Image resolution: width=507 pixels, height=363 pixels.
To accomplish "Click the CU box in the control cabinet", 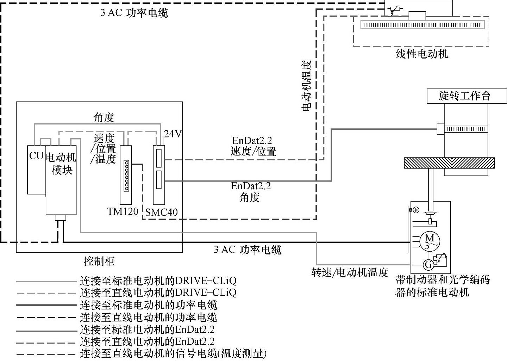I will [x=36, y=169].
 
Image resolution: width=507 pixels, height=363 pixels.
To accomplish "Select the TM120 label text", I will [x=123, y=211].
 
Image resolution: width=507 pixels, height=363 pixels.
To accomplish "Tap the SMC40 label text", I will [x=162, y=212].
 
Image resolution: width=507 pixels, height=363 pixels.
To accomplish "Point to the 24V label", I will [x=173, y=134].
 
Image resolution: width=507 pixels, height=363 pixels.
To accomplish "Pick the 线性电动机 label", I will [x=422, y=54].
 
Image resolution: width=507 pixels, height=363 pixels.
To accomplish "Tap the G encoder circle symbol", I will [x=428, y=264].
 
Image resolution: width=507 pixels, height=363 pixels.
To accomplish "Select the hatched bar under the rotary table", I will [x=449, y=163].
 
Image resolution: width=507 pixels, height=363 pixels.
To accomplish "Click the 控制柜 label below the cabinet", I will [x=99, y=261].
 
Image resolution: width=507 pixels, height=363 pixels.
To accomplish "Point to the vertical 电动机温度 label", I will [x=307, y=86].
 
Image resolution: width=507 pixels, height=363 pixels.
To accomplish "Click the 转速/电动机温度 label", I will [x=350, y=272].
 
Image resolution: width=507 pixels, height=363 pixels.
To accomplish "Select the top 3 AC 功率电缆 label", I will [x=134, y=13].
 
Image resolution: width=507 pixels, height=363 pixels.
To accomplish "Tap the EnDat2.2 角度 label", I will [x=251, y=191].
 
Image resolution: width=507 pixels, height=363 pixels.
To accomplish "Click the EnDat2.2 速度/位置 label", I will [x=253, y=146].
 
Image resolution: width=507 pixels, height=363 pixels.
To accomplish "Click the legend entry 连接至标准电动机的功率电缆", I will [x=148, y=305].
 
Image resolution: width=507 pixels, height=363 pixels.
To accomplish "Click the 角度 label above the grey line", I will [x=104, y=117].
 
